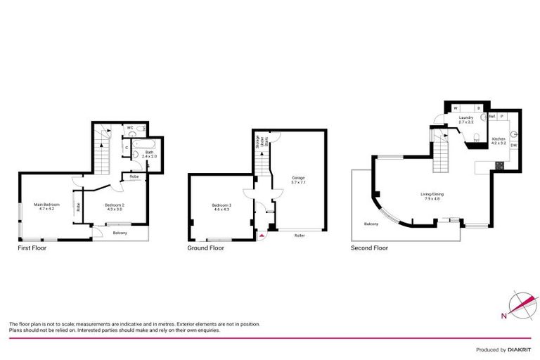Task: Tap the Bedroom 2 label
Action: (x=115, y=206)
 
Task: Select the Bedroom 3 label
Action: (x=221, y=206)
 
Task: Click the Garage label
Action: (x=298, y=180)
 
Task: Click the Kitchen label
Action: (x=499, y=141)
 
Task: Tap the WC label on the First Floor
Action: (x=131, y=128)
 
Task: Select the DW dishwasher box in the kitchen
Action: (x=514, y=146)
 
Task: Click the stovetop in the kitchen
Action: (x=499, y=166)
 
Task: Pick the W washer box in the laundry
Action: (x=456, y=108)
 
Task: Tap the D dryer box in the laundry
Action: (x=478, y=108)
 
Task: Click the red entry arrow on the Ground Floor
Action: (x=262, y=236)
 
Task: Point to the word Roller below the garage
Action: (x=299, y=235)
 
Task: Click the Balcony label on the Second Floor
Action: (x=372, y=224)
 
